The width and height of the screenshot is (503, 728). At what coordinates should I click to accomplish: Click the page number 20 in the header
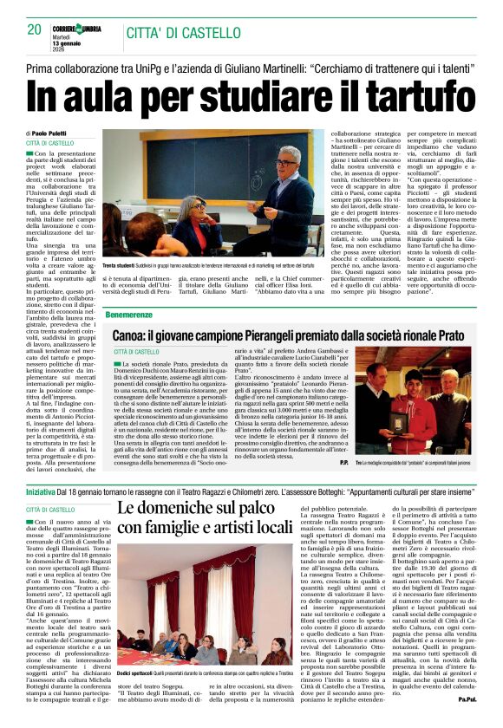[x=35, y=30]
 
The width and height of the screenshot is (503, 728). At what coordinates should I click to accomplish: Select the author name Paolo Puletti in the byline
[x=55, y=132]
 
